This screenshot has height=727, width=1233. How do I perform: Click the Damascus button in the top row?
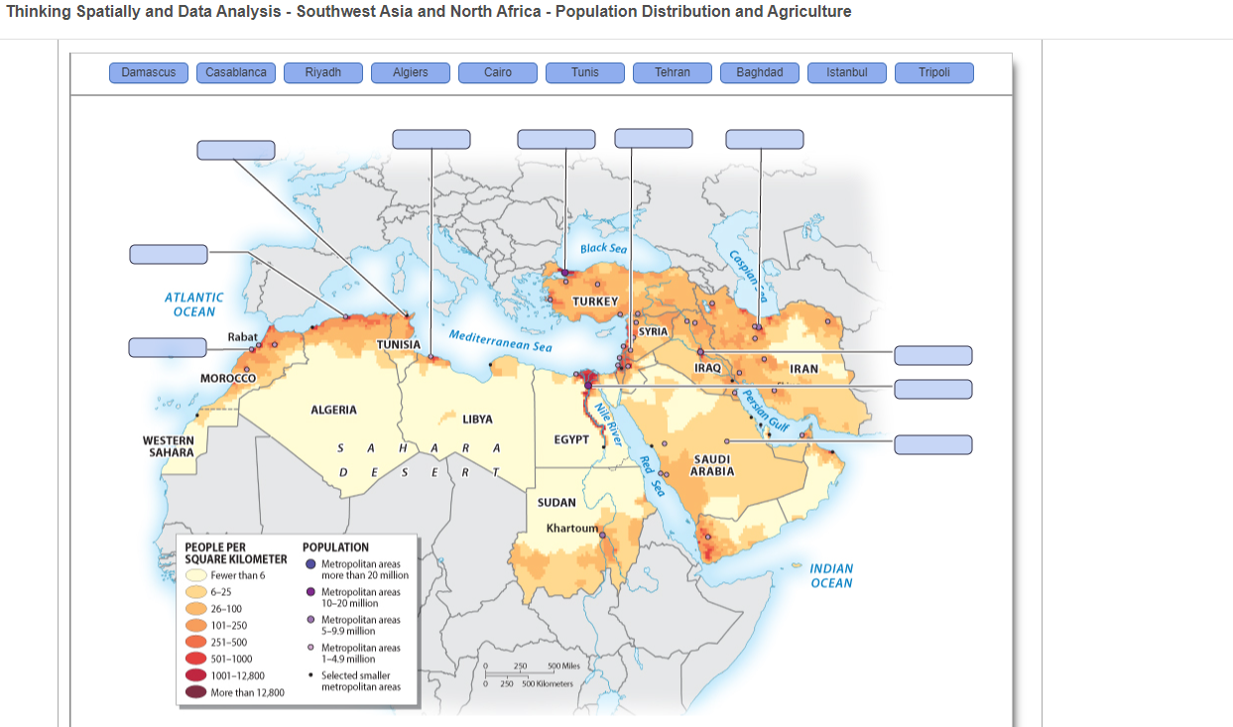tap(149, 72)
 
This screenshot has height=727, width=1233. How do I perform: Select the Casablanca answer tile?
tap(236, 72)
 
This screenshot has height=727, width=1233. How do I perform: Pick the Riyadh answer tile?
tap(323, 72)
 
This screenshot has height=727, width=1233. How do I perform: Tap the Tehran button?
tap(673, 72)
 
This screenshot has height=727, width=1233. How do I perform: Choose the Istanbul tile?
tap(847, 72)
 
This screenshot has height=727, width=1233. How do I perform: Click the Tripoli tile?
tap(934, 72)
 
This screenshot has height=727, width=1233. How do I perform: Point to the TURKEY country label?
tap(595, 301)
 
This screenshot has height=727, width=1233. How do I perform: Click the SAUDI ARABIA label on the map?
tap(712, 465)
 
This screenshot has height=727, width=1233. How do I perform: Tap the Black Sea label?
tap(603, 249)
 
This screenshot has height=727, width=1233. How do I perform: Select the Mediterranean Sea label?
tap(501, 340)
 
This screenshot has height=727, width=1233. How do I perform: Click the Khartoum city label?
tap(572, 528)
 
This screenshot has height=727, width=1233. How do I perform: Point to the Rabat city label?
tap(242, 337)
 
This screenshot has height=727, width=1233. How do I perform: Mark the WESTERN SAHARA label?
tap(169, 446)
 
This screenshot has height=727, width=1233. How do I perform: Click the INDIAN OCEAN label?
tap(831, 575)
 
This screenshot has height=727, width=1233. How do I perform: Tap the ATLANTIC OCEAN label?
tap(194, 304)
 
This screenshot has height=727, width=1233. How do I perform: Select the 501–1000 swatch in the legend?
tap(195, 659)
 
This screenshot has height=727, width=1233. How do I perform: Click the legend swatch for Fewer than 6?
tap(195, 575)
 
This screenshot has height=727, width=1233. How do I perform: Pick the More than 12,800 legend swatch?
tap(195, 692)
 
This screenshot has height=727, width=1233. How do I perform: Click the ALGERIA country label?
tap(333, 410)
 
